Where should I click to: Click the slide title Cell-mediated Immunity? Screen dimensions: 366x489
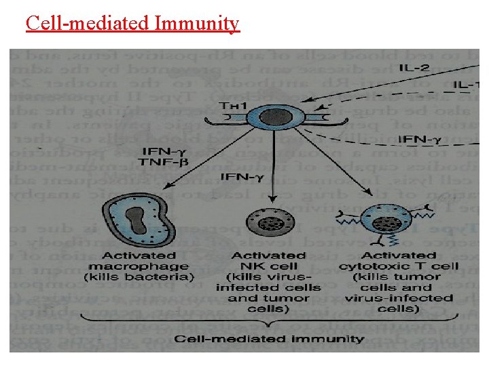[132, 24]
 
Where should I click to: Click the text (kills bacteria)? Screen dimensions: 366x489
[139, 277]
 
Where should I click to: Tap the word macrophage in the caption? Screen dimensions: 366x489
[139, 266]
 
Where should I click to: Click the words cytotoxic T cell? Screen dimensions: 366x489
[401, 266]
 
